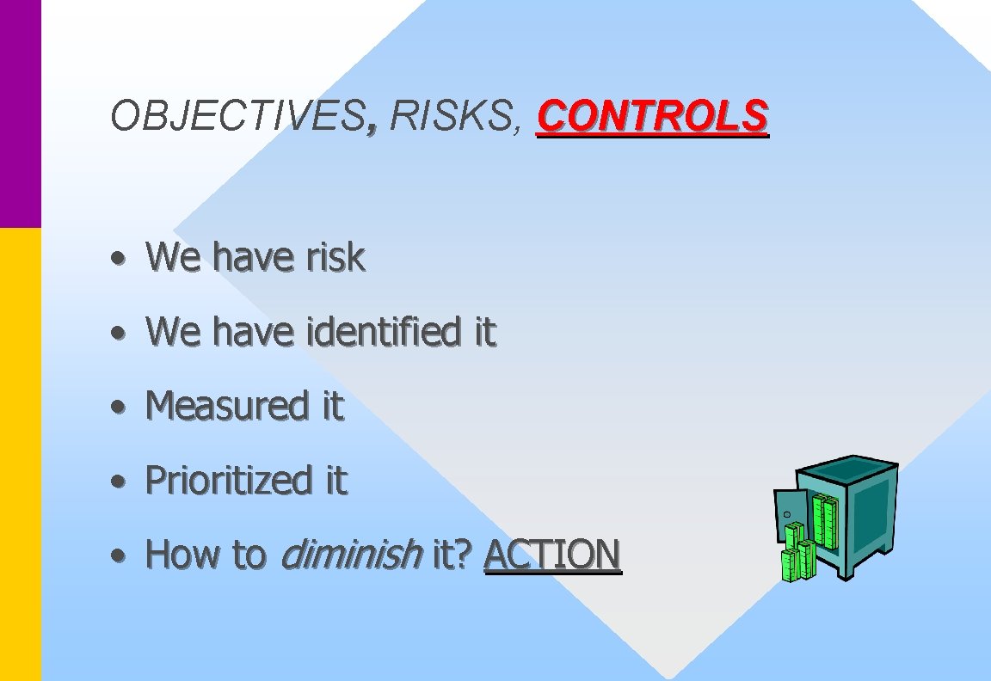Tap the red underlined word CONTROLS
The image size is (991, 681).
(652, 116)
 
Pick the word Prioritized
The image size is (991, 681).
(229, 480)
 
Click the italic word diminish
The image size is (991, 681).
(351, 555)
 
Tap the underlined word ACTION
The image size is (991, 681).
(551, 555)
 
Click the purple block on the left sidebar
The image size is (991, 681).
(20, 112)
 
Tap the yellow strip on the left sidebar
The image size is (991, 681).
(20, 456)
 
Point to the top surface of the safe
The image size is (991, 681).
(846, 469)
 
